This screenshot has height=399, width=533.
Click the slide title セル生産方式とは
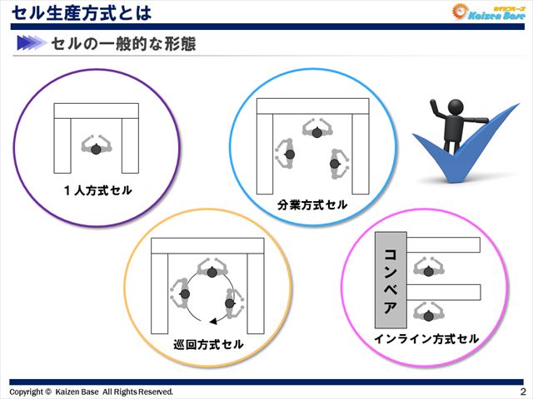[x=82, y=12]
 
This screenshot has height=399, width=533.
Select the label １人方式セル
[x=97, y=190]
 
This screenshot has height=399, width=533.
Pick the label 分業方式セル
[x=312, y=204]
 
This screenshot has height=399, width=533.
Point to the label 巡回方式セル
[x=209, y=343]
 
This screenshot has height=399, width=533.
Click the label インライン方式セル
[x=426, y=338]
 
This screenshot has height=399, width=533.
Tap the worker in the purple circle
[x=96, y=147]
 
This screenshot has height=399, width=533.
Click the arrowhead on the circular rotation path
[x=213, y=321]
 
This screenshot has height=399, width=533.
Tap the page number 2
[x=522, y=392]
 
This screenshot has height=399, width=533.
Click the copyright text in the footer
[x=91, y=392]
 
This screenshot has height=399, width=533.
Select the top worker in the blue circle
[x=317, y=131]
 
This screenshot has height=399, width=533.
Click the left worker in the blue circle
[x=287, y=154]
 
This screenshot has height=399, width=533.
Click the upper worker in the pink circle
[x=428, y=268]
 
